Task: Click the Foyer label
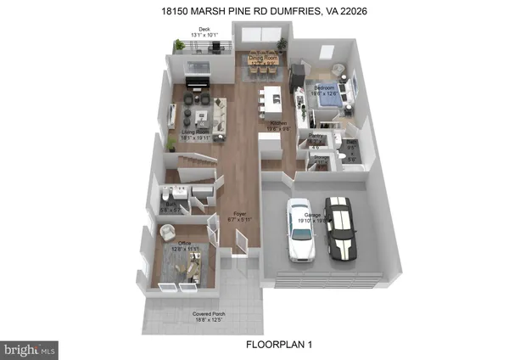click(240, 217)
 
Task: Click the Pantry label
click(316, 138)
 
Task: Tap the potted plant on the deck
click(179, 46)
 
